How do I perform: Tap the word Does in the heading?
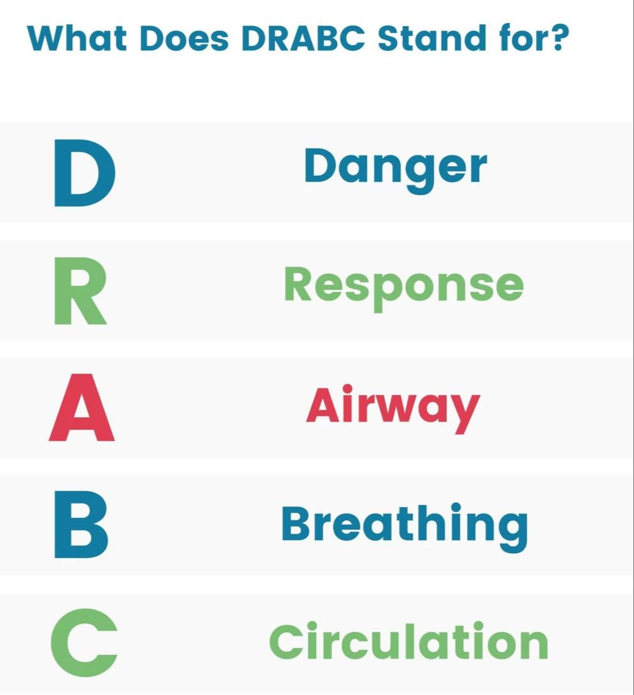pos(184,38)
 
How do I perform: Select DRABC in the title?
pos(304,38)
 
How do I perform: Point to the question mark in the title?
pos(556,38)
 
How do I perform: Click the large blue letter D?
pos(85,173)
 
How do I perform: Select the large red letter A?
pos(82,407)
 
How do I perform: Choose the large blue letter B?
pos(81,524)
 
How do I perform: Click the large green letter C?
pos(84,643)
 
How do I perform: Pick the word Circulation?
pos(409,641)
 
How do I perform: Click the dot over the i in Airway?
pos(347,390)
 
